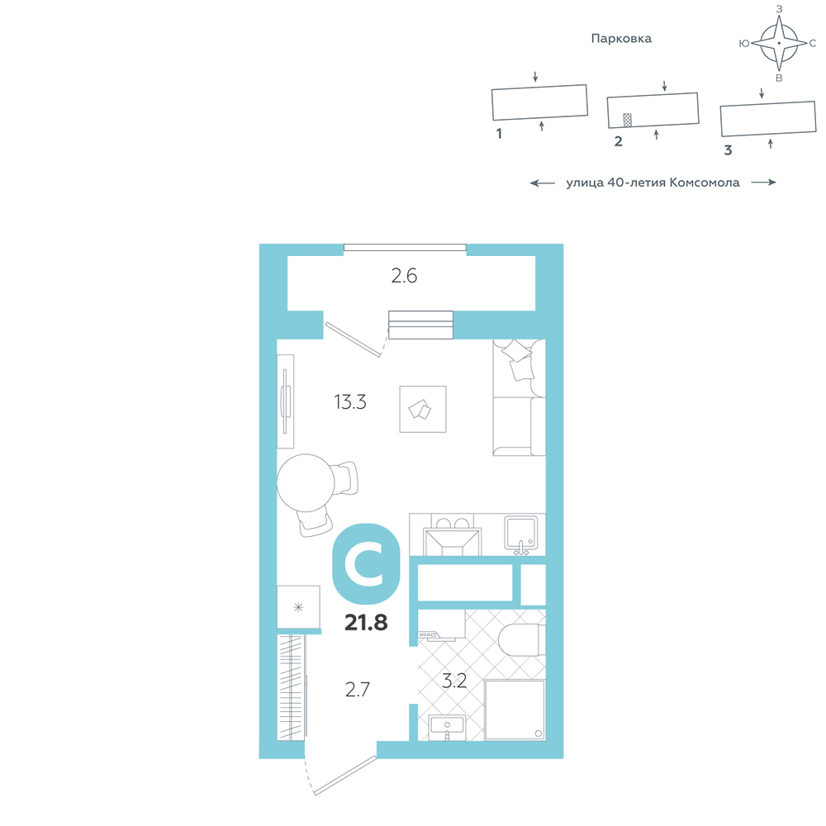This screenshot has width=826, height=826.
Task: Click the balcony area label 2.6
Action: coord(404,276)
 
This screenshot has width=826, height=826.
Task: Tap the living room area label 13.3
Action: coord(349,402)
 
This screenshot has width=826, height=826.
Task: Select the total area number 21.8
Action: coord(366,622)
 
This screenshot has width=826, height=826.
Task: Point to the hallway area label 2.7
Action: coord(358,689)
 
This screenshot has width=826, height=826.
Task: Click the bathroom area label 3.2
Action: coord(454,681)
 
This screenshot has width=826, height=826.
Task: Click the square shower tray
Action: coord(515,710)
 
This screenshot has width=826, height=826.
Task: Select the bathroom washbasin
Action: coord(447,727)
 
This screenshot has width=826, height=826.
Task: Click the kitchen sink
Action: coord(521,534)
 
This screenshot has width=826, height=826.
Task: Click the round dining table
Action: coord(306,482)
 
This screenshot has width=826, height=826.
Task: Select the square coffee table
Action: coord(422,410)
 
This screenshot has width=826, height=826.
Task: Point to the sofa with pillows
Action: coord(519,397)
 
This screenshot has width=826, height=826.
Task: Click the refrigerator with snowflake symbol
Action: coord(299,606)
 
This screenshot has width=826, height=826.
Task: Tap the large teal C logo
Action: coord(366,563)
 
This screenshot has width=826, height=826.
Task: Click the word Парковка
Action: coord(621,39)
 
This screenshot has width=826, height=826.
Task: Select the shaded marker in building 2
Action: coord(627,120)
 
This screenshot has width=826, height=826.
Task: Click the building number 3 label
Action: coord(728,150)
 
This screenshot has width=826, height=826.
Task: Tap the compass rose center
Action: coord(779,43)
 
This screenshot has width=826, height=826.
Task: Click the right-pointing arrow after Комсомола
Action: coord(764,183)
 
